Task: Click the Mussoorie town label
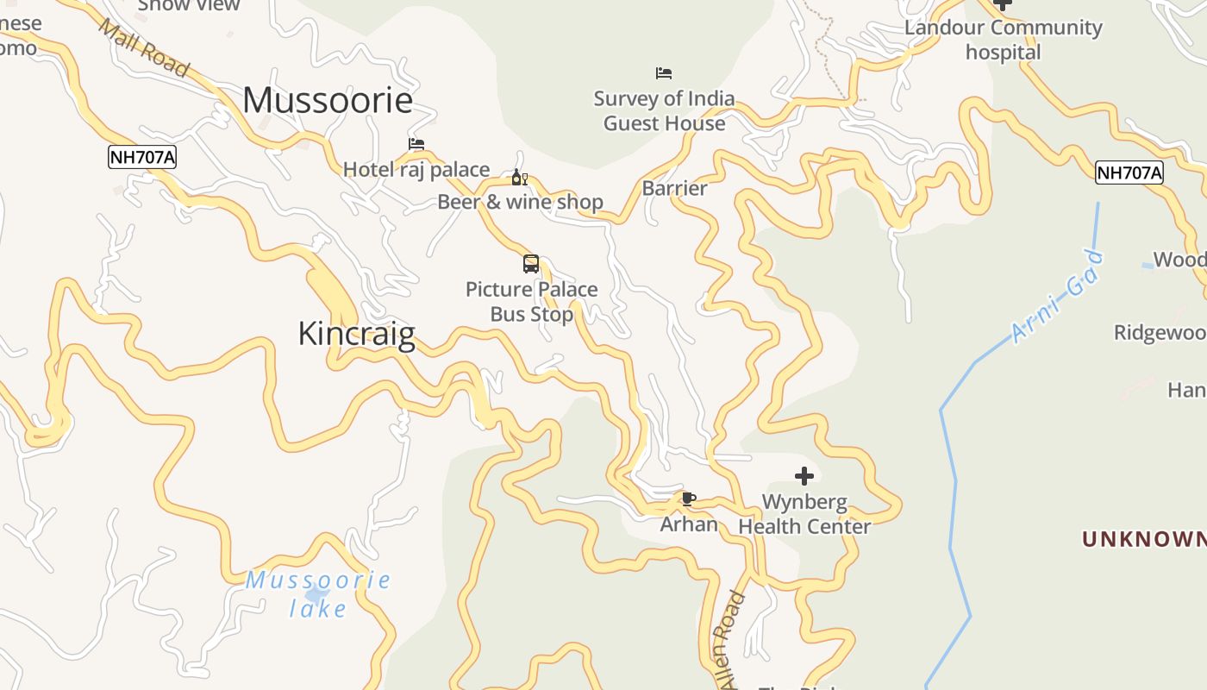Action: (x=327, y=101)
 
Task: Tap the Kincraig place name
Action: (x=356, y=334)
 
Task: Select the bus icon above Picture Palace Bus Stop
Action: (x=531, y=264)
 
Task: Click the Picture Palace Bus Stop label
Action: (x=531, y=302)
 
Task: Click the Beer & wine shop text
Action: (x=520, y=203)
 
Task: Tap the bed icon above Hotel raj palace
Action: (x=416, y=144)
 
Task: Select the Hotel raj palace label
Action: (x=416, y=170)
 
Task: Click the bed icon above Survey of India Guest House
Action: (x=664, y=72)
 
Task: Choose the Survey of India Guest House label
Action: (x=664, y=110)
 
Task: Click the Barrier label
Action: (x=674, y=188)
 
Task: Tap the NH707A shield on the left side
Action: (x=142, y=157)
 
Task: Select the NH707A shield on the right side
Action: (x=1129, y=172)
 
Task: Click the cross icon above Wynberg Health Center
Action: (x=804, y=476)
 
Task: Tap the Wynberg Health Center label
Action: (x=804, y=514)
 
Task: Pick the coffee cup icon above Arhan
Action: (x=688, y=499)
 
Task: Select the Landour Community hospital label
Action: (x=1003, y=40)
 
